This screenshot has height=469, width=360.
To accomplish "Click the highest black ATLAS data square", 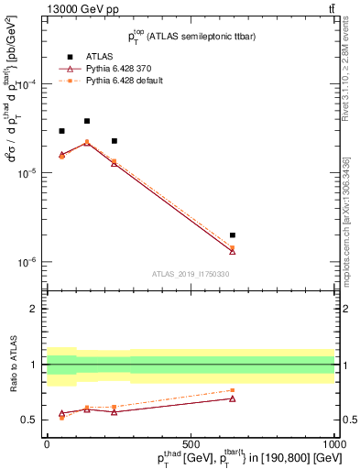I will (x=87, y=121).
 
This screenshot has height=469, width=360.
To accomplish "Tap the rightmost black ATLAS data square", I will (x=233, y=235).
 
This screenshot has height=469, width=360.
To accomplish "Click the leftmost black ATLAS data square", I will (x=61, y=131).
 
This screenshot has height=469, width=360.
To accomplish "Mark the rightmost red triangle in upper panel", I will (x=233, y=252).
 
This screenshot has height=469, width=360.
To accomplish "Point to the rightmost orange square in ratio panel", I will (x=233, y=390).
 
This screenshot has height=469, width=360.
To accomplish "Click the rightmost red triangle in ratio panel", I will (x=233, y=398).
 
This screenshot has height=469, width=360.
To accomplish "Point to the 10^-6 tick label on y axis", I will (x=29, y=262).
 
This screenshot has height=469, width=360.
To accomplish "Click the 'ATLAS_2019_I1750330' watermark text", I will (x=190, y=274).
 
